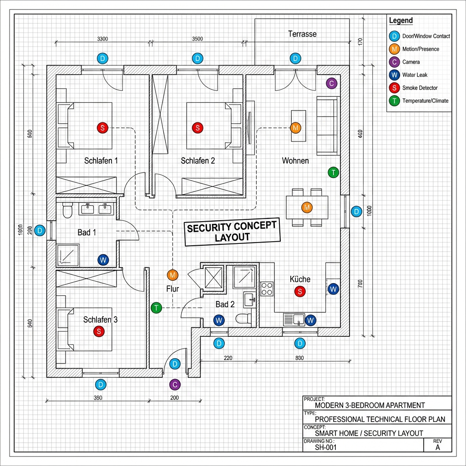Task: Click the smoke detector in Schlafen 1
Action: [x=102, y=128]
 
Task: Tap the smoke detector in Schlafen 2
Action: [x=197, y=128]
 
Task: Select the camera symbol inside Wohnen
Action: [x=332, y=83]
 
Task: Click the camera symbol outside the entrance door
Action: [x=174, y=385]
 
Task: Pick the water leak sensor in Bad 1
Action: [x=103, y=260]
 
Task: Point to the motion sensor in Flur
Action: [x=172, y=275]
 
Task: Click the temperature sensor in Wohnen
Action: [x=334, y=172]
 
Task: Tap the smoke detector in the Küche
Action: [x=299, y=291]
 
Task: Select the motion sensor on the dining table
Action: [x=307, y=208]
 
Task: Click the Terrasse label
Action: [x=302, y=34]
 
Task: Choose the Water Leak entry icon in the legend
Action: [x=394, y=75]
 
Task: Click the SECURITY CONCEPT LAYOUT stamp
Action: [x=232, y=232]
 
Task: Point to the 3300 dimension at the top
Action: [x=103, y=39]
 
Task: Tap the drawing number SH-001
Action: [x=326, y=447]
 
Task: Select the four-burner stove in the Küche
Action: [x=267, y=289]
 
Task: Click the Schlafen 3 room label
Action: [x=101, y=320]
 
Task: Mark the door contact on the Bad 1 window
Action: [x=40, y=231]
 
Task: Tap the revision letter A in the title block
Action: [x=438, y=447]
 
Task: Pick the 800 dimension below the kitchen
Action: [x=299, y=358]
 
